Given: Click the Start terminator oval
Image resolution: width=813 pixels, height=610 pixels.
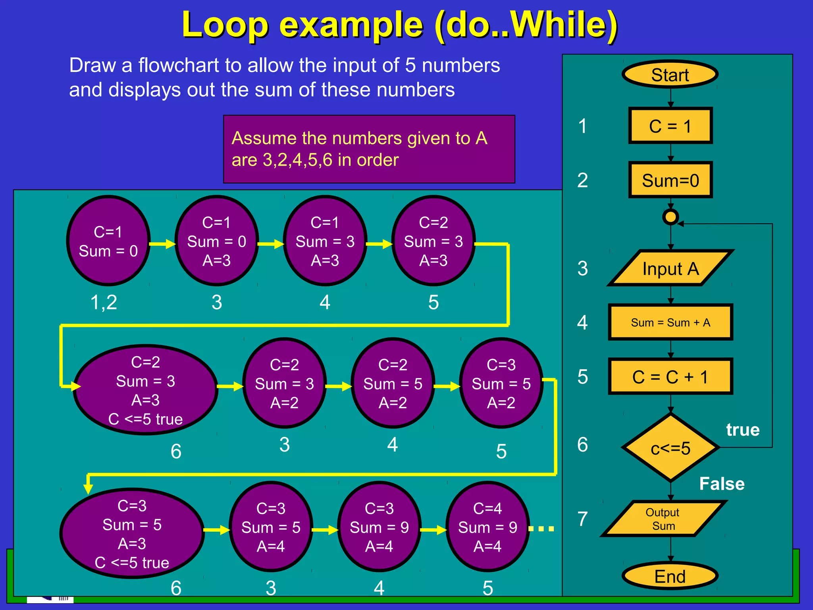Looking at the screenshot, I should pos(670,74).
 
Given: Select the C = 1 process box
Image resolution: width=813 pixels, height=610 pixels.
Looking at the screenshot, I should pos(670,125).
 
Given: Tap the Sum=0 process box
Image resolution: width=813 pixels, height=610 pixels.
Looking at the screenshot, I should pos(670,180).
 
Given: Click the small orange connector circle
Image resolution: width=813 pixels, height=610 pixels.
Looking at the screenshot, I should pos(670,217).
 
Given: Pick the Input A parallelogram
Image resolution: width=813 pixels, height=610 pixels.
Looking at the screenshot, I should pos(670,268).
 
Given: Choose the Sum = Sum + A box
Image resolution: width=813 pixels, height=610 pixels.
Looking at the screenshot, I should pos(670,322).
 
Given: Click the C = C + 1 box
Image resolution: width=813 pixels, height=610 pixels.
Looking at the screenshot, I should pos(670,376).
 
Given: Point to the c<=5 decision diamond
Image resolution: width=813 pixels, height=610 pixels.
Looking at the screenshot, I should pos(670,448).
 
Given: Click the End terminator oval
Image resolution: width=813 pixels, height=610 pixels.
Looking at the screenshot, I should pos(670,576).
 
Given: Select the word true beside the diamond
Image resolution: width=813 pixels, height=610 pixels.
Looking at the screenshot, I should pos(743,430).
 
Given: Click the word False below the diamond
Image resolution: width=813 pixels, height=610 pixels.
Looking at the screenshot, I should pos(722,484).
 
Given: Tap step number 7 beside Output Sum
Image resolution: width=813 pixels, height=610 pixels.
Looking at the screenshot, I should pos(582,519).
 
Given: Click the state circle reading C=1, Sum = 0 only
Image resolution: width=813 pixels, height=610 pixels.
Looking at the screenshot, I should pos(108,241).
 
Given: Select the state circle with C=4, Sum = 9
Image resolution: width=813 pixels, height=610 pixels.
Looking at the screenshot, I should pos(487,527).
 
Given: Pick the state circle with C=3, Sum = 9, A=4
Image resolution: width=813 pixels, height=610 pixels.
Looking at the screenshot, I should pos(379,527).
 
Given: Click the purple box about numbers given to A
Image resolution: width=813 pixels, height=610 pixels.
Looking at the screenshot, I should pos(369,149).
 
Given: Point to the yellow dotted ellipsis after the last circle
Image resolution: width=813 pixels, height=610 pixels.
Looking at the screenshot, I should pos(541,529).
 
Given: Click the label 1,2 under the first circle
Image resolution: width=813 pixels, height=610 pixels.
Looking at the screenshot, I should pos(104,302).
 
